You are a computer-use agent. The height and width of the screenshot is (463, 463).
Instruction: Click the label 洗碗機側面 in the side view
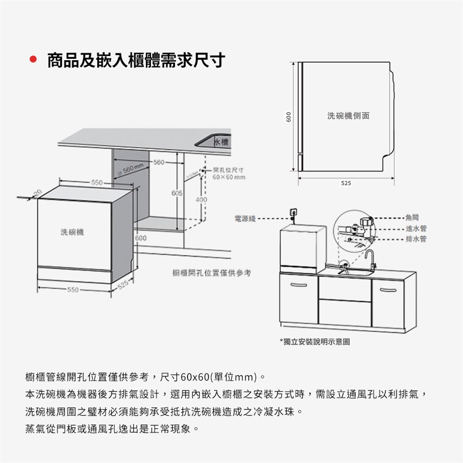(x=348, y=116)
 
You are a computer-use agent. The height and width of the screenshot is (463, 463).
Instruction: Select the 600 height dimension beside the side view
(x=288, y=117)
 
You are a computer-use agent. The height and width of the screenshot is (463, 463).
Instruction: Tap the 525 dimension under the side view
(x=346, y=183)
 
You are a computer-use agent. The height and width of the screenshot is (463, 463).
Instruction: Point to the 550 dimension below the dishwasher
(x=73, y=290)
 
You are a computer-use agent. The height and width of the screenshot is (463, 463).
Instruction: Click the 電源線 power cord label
(x=245, y=218)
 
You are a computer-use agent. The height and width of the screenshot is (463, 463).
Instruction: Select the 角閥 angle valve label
(x=412, y=218)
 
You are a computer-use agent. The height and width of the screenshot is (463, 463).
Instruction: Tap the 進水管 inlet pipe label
(x=415, y=229)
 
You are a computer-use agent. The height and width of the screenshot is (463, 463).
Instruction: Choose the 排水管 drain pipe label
(x=415, y=239)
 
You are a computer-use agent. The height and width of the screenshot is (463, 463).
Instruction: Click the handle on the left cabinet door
(x=298, y=285)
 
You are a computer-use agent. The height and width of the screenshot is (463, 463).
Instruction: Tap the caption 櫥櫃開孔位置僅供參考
(x=212, y=273)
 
